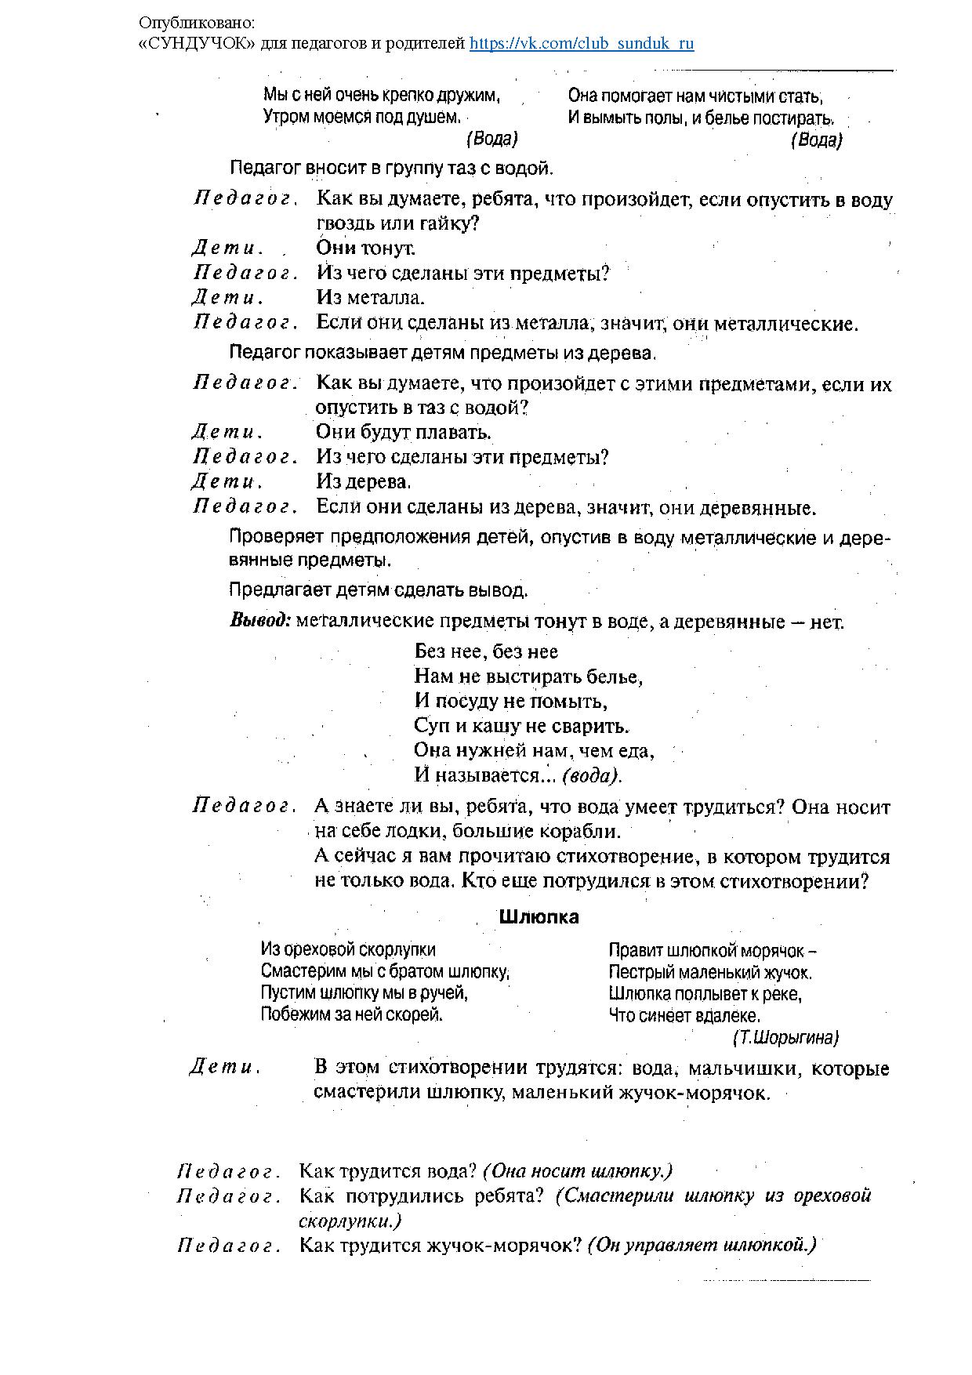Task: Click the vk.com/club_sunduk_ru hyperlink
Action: pos(582,44)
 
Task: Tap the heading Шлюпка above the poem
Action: pos(539,917)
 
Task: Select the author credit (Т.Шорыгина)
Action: pos(785,1038)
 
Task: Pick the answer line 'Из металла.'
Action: pos(370,298)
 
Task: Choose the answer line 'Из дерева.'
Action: pos(364,481)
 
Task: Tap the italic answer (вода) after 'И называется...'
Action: pos(592,776)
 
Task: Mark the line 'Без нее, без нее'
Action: pos(486,651)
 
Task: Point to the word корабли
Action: pos(580,831)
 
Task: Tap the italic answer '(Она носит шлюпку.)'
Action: pos(578,1171)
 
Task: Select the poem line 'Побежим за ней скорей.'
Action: pos(352,1014)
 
